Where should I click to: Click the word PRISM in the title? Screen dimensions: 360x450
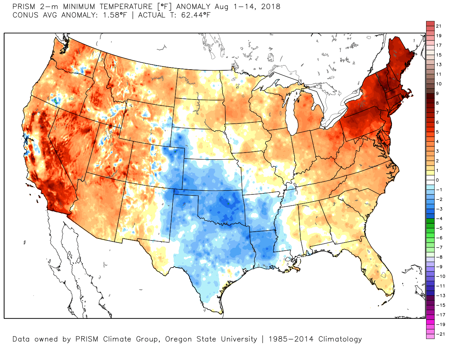(24, 7)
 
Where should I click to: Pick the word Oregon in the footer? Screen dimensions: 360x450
(178, 339)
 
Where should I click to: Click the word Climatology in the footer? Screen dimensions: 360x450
(340, 339)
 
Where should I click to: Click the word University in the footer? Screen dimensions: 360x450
(239, 339)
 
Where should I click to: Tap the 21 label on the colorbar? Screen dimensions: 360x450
(438, 26)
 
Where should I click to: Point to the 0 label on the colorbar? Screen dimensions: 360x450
(437, 180)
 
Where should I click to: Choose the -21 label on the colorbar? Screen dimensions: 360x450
(440, 334)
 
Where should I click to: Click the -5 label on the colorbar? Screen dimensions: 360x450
(439, 228)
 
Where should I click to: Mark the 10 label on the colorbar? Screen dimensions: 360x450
(439, 84)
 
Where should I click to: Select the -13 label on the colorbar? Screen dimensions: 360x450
(440, 296)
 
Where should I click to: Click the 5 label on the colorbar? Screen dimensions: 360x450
(437, 132)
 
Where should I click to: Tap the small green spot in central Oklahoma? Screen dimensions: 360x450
(228, 203)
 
